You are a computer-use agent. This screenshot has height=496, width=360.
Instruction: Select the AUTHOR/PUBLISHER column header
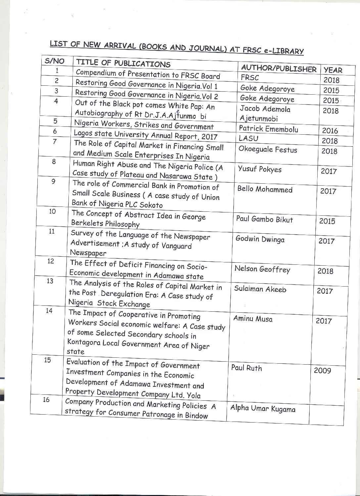pos(279,68)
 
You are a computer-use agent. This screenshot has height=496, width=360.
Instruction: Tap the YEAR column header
pos(333,70)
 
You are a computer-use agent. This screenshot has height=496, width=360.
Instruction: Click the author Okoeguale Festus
pos(268,150)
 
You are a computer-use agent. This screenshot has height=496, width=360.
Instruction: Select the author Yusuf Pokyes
pos(259,169)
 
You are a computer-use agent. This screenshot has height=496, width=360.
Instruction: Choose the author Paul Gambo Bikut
pos(264,219)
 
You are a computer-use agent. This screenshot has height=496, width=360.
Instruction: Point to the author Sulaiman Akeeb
pos(260,289)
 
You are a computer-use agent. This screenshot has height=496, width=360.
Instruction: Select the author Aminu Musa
pos(252,319)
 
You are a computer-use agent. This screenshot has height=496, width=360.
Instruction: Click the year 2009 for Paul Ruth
pos(322,371)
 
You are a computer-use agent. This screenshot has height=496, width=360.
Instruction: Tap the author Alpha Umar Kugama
pos(262,409)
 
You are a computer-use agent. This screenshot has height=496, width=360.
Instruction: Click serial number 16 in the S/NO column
pos(46,400)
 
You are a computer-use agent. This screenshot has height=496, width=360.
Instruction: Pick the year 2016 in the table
pos(330,131)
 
